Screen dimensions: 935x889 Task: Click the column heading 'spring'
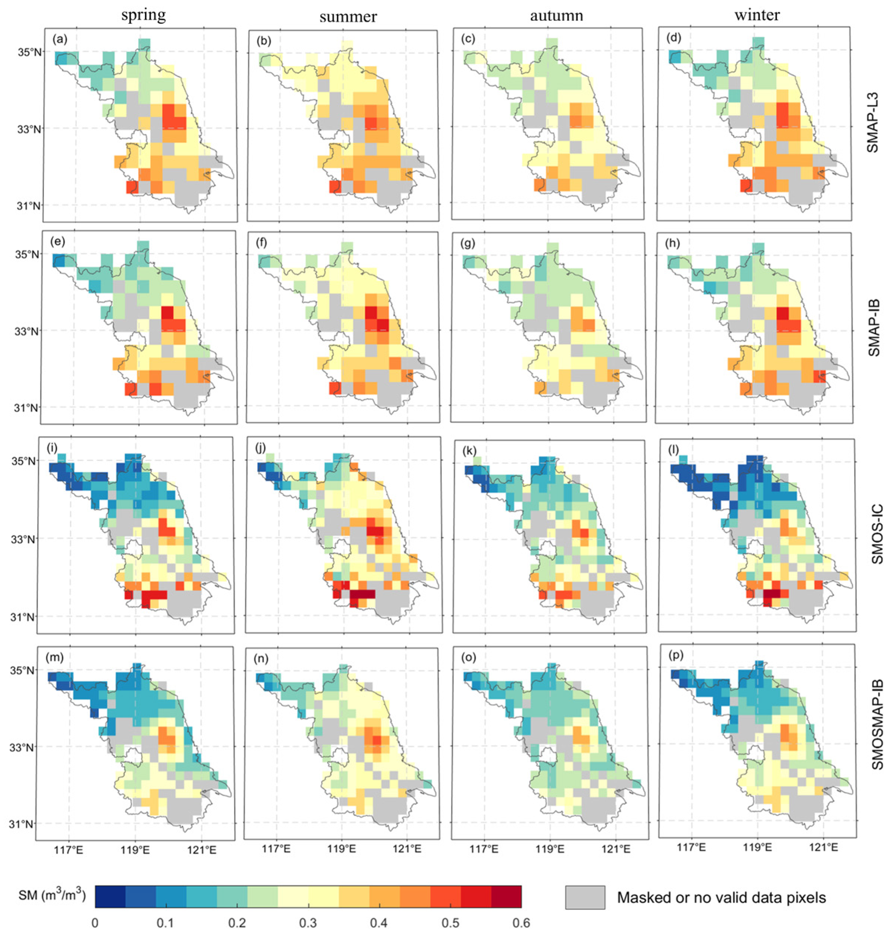(x=143, y=16)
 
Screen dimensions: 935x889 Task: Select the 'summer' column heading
(x=348, y=17)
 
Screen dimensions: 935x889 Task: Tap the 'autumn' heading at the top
(x=556, y=16)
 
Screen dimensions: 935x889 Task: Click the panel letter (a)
(x=60, y=39)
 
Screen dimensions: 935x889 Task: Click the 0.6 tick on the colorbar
(x=521, y=923)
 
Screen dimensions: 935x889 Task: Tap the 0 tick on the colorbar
(x=95, y=923)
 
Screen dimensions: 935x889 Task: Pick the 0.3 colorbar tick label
(x=308, y=923)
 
